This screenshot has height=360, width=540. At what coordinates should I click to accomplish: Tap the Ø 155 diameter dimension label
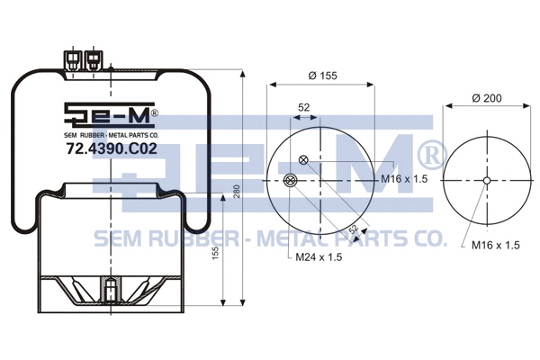tap(322, 76)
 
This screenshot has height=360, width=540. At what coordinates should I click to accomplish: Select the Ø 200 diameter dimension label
tap(487, 96)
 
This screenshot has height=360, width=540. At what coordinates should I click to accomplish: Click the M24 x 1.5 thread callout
tap(320, 257)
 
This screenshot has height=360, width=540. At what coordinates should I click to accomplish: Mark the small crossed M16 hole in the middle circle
tap(303, 161)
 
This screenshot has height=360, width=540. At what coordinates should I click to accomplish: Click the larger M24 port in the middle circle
tap(288, 180)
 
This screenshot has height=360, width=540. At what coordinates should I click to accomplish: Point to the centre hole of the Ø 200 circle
tap(487, 180)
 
